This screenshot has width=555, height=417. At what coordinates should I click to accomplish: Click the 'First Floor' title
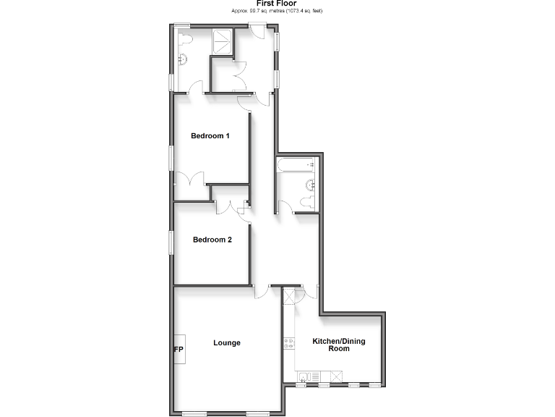277,4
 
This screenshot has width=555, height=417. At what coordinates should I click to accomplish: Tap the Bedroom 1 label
210,136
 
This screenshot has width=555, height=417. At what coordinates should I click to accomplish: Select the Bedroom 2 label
211,240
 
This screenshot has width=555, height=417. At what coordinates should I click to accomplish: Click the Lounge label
227,342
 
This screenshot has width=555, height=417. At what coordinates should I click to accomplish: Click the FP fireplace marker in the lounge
178,351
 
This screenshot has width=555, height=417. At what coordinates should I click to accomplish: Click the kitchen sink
306,375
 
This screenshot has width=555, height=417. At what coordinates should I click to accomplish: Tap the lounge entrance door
261,292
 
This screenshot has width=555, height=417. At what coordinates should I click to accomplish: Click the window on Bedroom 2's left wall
171,243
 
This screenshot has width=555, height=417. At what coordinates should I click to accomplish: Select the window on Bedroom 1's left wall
171,158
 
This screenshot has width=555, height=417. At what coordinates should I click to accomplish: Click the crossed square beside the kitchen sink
335,375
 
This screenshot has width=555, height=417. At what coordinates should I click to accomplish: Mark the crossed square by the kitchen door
291,297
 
